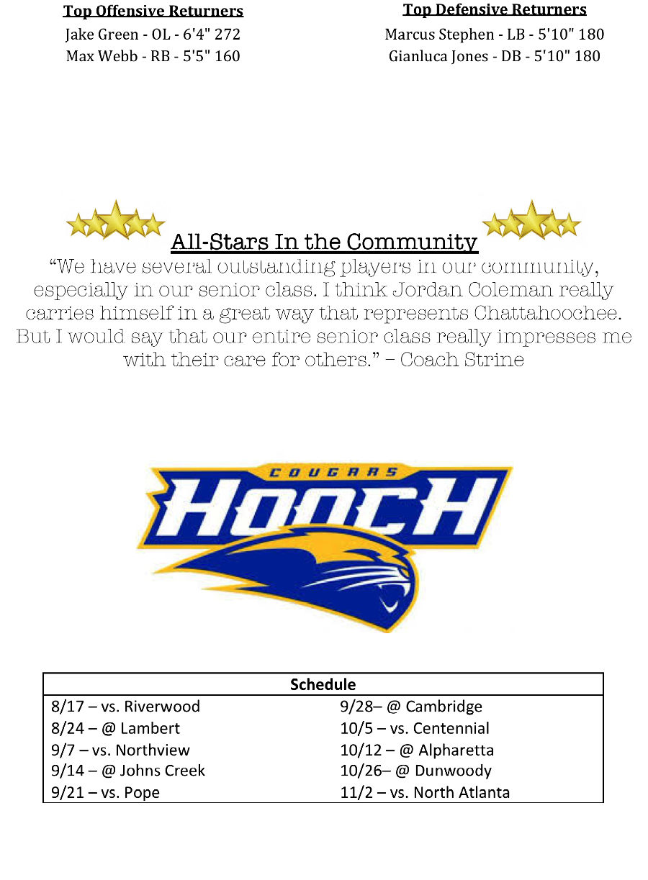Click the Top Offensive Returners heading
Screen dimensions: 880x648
pyautogui.click(x=153, y=12)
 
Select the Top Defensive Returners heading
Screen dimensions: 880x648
pyautogui.click(x=495, y=10)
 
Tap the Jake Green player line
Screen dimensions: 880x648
pyautogui.click(x=153, y=35)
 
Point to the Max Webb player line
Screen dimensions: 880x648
pyautogui.click(x=153, y=56)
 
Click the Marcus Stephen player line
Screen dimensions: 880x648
pyautogui.click(x=495, y=35)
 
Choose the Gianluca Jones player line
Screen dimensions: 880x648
pyautogui.click(x=495, y=56)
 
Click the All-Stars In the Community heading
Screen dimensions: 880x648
pyautogui.click(x=324, y=242)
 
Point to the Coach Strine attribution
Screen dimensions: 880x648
pyautogui.click(x=462, y=360)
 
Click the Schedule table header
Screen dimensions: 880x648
pyautogui.click(x=323, y=684)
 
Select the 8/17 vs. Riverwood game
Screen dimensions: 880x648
pyautogui.click(x=126, y=707)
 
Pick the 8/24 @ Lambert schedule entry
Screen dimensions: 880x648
pyautogui.click(x=116, y=728)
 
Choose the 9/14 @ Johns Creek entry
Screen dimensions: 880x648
pyautogui.click(x=128, y=771)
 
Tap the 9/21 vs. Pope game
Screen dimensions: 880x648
pyautogui.click(x=106, y=793)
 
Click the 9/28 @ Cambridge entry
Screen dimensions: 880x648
pyautogui.click(x=411, y=707)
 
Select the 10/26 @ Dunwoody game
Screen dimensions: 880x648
pyautogui.click(x=415, y=771)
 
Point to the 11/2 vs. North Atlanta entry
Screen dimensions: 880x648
pyautogui.click(x=425, y=793)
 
